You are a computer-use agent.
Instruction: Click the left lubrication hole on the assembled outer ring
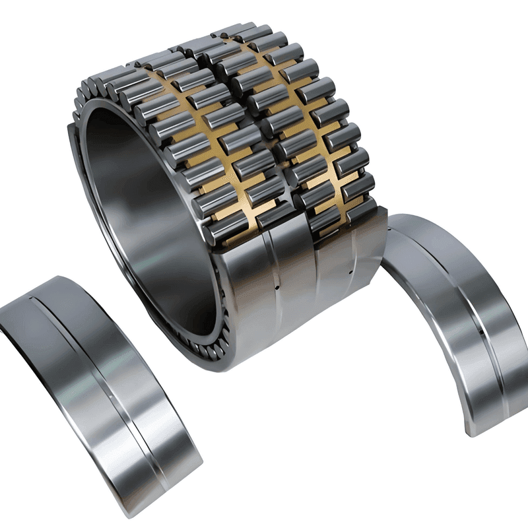(277, 288)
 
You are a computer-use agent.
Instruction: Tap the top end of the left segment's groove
(33, 299)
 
